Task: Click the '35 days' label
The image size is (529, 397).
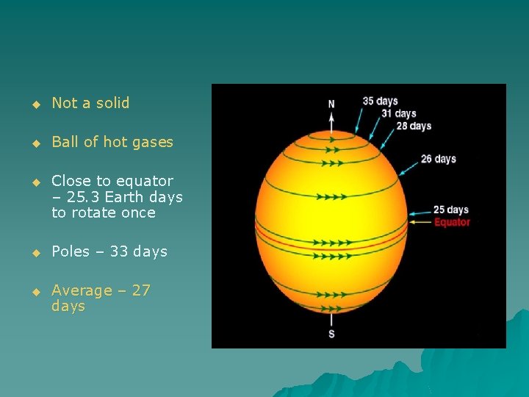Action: coord(380,101)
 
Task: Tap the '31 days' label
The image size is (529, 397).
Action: coord(398,113)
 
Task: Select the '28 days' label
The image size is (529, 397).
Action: coord(414,126)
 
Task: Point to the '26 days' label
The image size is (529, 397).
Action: coord(439,159)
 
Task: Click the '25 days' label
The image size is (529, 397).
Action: coord(451,210)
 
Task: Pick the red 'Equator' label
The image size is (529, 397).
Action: coord(452,222)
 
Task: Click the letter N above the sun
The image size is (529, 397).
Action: coord(331,104)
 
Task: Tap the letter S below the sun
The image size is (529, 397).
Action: coord(331,335)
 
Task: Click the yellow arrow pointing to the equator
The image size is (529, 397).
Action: coord(420,221)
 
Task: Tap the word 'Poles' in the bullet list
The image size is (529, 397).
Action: coord(71,251)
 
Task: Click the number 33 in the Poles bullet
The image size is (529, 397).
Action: coord(118,251)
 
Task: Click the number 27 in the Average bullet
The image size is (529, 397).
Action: coord(140,290)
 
